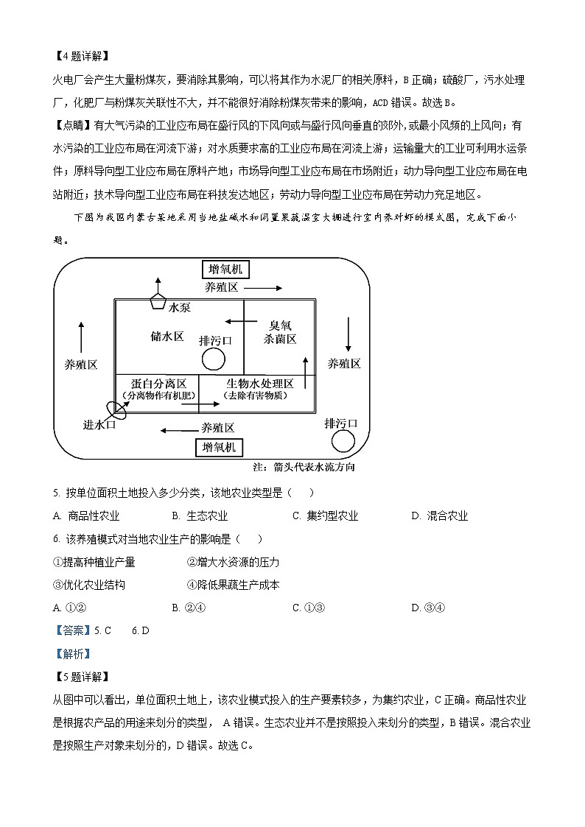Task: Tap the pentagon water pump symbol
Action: point(156,300)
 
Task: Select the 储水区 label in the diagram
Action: point(167,336)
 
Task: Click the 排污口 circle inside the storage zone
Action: point(213,359)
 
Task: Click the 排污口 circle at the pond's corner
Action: point(343,440)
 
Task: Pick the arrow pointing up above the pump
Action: point(156,283)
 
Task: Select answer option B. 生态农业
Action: point(200,516)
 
